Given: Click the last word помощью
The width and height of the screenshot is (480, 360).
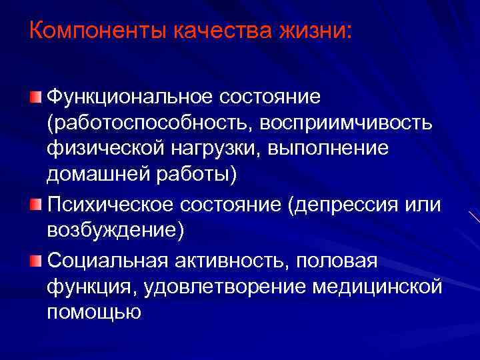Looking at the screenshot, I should coord(94,312).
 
